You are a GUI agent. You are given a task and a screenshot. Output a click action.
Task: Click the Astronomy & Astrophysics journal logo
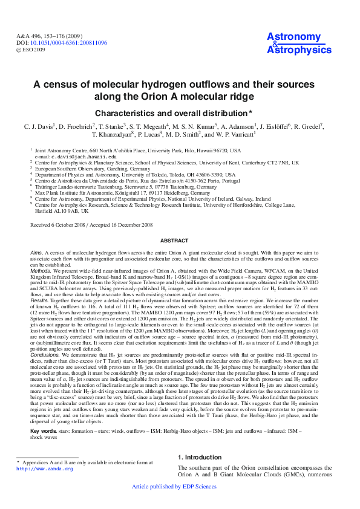tap(294, 44)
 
